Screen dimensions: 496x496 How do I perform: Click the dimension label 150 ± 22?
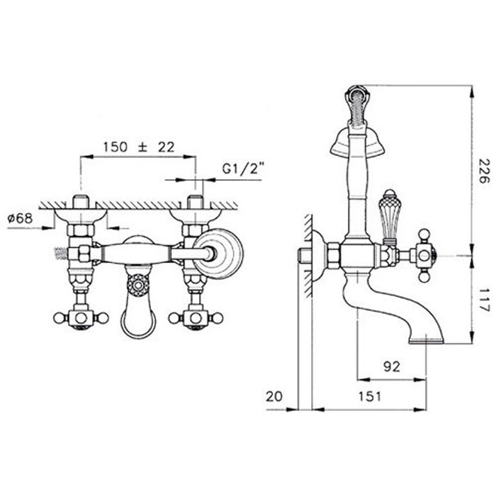(139, 147)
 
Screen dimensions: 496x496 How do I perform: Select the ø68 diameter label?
(21, 218)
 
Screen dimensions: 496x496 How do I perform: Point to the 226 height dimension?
(483, 171)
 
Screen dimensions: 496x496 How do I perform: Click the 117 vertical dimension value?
(483, 300)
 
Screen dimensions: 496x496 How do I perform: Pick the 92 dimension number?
(392, 366)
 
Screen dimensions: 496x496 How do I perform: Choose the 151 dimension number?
(370, 396)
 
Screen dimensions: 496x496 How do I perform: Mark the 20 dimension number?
(274, 396)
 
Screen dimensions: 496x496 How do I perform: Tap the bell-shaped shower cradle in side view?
(357, 142)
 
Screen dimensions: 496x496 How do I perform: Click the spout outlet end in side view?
(426, 340)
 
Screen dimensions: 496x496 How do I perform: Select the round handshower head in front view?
(218, 254)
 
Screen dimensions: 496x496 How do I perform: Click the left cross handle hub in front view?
(81, 317)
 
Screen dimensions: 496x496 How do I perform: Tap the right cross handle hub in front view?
(196, 317)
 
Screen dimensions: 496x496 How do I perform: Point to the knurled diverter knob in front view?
(138, 285)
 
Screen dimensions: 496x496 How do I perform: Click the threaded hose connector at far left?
(62, 254)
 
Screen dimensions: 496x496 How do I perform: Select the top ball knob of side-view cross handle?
(424, 235)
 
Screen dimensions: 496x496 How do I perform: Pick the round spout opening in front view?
(139, 324)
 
